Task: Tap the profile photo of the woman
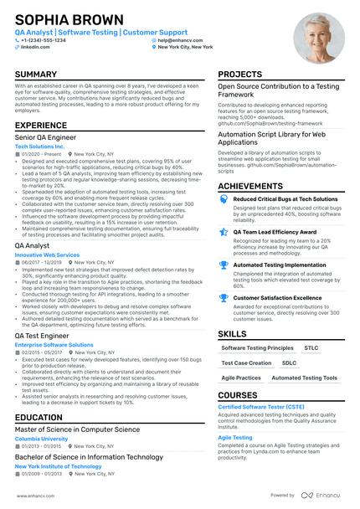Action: pos(318,38)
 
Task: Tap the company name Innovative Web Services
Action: pos(47,254)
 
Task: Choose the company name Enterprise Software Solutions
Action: pos(54,344)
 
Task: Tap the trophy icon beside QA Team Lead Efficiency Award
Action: pos(223,233)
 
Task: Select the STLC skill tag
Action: pos(311,347)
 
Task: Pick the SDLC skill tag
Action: pos(289,363)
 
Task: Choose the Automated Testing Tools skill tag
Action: pos(305,378)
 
